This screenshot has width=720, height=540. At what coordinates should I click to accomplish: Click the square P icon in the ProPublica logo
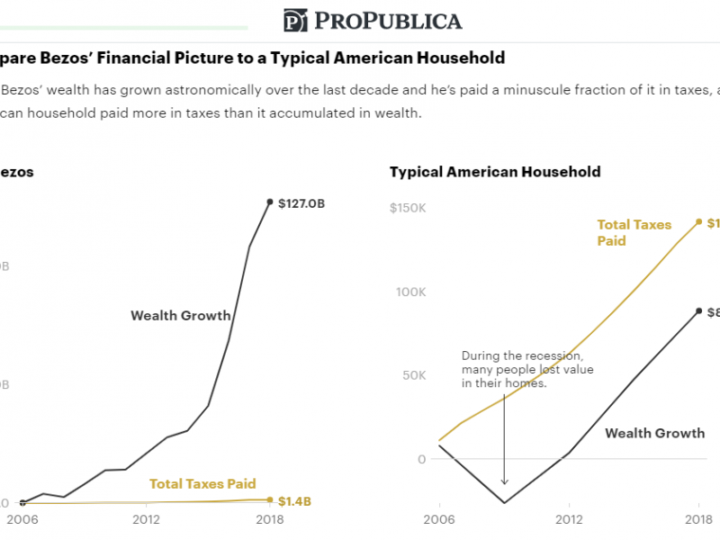pyautogui.click(x=295, y=21)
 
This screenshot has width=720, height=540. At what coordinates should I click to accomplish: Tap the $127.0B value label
pyautogui.click(x=301, y=203)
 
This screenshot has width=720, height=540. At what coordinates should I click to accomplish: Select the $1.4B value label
pyautogui.click(x=294, y=500)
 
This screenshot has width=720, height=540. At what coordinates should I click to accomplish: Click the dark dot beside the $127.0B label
pyautogui.click(x=269, y=202)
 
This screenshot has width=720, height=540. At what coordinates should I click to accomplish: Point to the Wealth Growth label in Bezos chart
pyautogui.click(x=181, y=315)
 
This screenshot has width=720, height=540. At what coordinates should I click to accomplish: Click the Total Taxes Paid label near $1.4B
pyautogui.click(x=202, y=483)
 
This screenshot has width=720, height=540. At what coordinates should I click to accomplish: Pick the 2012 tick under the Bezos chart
pyautogui.click(x=147, y=518)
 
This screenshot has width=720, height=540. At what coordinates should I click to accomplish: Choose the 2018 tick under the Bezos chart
pyautogui.click(x=269, y=518)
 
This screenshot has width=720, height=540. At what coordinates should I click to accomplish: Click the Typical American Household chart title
pyautogui.click(x=495, y=172)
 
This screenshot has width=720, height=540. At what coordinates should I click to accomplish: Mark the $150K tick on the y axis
pyautogui.click(x=407, y=208)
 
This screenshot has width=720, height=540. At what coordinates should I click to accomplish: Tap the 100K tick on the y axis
pyautogui.click(x=409, y=292)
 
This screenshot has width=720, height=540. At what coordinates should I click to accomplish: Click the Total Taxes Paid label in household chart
pyautogui.click(x=634, y=232)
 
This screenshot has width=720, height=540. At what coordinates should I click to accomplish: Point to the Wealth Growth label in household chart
pyautogui.click(x=654, y=433)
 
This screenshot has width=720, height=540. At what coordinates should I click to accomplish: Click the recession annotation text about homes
pyautogui.click(x=526, y=370)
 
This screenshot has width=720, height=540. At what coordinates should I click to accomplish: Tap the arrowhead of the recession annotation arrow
pyautogui.click(x=504, y=483)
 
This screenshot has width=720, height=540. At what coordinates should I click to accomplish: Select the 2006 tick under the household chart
pyautogui.click(x=438, y=518)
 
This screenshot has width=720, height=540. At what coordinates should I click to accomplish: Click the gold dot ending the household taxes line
pyautogui.click(x=698, y=221)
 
